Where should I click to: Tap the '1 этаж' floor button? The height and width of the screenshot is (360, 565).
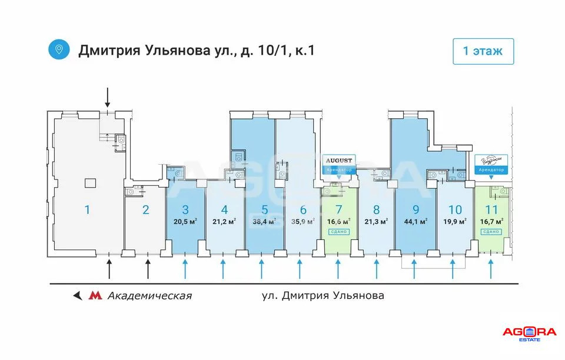tap(483, 51)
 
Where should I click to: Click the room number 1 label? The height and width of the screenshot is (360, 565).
tap(87, 209)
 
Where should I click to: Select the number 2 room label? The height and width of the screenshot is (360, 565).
tap(146, 209)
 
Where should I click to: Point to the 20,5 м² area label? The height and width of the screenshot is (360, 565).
tap(185, 222)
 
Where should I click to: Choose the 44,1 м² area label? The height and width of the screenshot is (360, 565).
tap(416, 222)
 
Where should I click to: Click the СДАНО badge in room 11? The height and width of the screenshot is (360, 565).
tap(491, 232)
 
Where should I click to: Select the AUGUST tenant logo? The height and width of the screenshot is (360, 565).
tap(338, 161)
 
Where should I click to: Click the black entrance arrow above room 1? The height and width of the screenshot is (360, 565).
tap(107, 95)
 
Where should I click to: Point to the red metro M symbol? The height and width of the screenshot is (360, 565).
tap(94, 295)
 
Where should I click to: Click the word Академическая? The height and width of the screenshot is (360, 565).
tap(149, 295)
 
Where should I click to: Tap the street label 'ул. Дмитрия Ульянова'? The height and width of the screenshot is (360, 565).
tap(323, 295)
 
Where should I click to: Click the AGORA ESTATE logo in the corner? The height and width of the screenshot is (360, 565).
tap(529, 334)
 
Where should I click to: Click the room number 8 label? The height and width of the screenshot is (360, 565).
tap(377, 209)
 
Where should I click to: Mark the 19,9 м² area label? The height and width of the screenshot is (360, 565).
tap(454, 222)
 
